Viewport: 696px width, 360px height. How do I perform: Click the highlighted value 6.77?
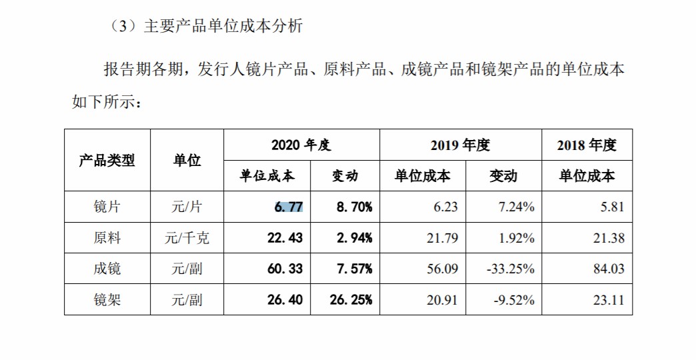coord(288,207)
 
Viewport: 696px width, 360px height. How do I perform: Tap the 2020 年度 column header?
coord(301,145)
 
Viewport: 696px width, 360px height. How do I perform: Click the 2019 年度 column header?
coord(459,145)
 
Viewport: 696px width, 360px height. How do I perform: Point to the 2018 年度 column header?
coord(587,145)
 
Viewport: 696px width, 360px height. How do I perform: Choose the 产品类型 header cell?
coord(107,161)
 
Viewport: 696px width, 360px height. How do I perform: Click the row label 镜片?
coord(107,207)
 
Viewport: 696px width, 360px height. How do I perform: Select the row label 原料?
coord(107,238)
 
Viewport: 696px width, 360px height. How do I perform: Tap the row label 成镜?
coord(107,269)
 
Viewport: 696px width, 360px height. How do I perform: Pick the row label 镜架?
coord(107,300)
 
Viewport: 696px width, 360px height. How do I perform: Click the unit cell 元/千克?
coord(187,238)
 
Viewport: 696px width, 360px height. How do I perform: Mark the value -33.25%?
coord(509,269)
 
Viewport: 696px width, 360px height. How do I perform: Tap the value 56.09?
coord(441,269)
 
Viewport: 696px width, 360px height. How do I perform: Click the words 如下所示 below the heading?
coord(103,101)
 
